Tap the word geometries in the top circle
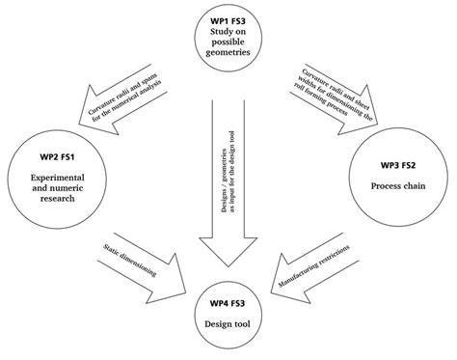(x=228, y=55)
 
